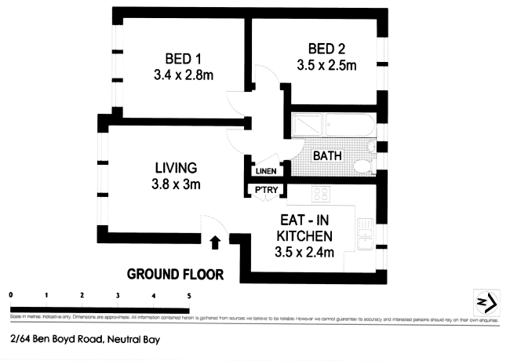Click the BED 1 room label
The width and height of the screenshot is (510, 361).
point(183,59)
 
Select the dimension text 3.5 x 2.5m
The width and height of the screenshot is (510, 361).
point(327,65)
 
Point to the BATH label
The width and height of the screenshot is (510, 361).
point(327,156)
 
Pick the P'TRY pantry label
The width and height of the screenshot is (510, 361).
point(262,190)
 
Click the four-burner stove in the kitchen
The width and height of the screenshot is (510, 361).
point(320,194)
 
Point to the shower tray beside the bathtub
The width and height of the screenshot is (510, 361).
point(307,125)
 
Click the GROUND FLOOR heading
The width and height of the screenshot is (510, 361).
point(176,275)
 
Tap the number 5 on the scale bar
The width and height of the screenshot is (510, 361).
point(188,295)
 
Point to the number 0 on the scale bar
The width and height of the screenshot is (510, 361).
point(11,295)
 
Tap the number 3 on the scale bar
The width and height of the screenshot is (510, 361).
point(118,295)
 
